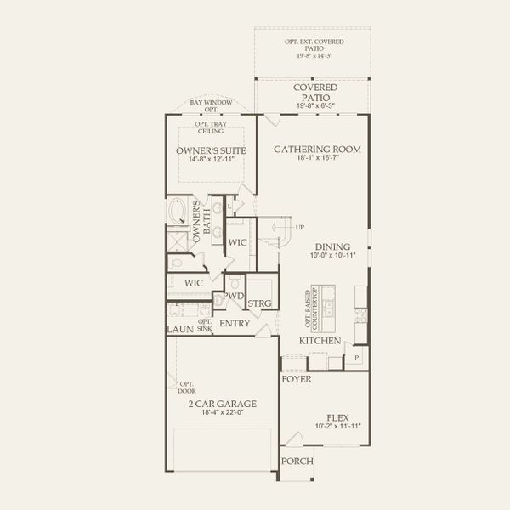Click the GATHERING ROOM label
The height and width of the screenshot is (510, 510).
pos(317,149)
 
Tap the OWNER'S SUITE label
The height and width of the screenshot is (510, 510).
pos(211,150)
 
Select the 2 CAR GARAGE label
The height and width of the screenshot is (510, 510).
pos(223,404)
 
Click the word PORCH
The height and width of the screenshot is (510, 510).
pos(297,462)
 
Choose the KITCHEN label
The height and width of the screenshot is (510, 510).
pos(320,341)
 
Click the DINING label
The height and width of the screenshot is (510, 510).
pos(326,246)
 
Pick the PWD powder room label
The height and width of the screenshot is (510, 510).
pos(234,297)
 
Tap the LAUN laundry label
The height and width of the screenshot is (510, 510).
pos(180,329)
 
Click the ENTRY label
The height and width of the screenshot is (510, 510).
pos(234,324)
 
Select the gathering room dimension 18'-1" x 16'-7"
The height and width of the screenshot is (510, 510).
pos(317,158)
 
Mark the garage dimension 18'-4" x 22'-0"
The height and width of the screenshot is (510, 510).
pos(223,413)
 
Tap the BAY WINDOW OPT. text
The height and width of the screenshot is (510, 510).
pos(210,105)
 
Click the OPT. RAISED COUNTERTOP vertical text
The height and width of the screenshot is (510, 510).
pos(310,308)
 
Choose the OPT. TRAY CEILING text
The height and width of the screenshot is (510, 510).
pos(210,129)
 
